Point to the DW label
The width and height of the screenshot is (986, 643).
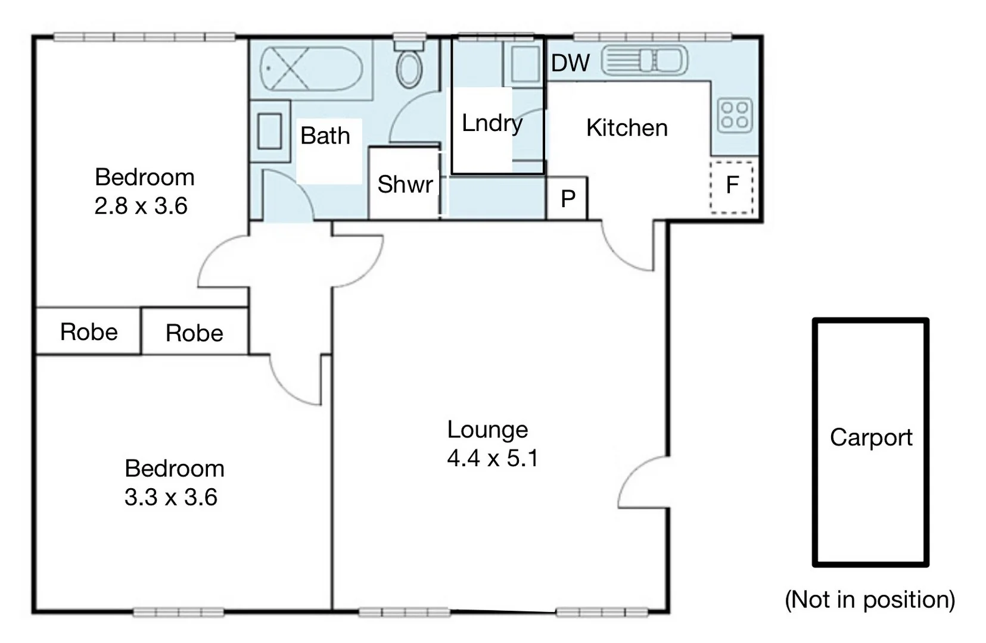[x=570, y=63]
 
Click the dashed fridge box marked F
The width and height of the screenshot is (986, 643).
[x=732, y=186]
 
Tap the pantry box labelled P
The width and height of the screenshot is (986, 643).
[x=568, y=198]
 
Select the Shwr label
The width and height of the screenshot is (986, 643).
[x=405, y=185]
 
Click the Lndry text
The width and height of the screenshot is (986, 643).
[x=492, y=123]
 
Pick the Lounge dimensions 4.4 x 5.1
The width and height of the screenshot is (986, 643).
[x=493, y=458]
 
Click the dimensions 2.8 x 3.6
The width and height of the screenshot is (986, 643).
[x=141, y=206]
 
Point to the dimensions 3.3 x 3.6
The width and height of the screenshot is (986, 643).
[x=171, y=497]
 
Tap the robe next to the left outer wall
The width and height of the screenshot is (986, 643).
[x=89, y=332]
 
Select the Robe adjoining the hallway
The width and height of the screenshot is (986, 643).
[x=194, y=333]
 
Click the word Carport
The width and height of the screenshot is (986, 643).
[x=870, y=438]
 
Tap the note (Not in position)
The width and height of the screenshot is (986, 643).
[x=870, y=600]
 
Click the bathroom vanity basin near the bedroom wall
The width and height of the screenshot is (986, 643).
[x=269, y=132]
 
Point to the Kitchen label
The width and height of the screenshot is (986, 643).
[x=627, y=128]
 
